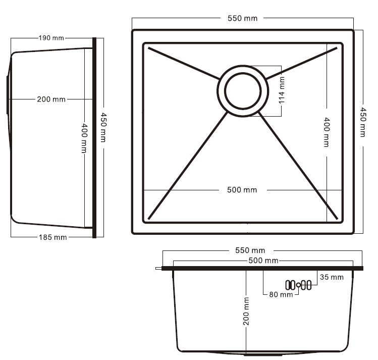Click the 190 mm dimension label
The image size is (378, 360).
51,38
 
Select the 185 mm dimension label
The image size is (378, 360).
53,237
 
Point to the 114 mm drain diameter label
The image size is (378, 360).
282,90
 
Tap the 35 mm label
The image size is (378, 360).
332,277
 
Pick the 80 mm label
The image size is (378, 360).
281,294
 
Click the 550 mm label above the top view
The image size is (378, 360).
243,18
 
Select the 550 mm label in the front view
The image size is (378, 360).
250,250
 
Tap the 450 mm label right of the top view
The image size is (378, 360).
363,123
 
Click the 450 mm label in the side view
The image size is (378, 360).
103,127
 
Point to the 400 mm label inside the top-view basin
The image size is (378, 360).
327,132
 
